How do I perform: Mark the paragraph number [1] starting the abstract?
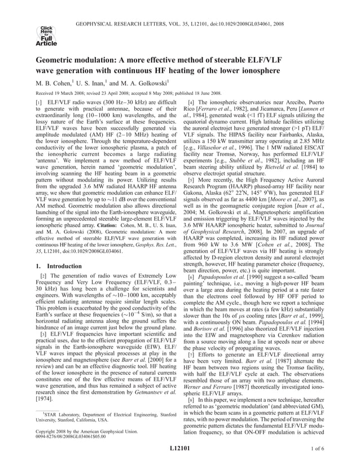(40, 105)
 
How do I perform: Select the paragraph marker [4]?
(191, 105)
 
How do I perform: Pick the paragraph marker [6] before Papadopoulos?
(191, 278)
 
